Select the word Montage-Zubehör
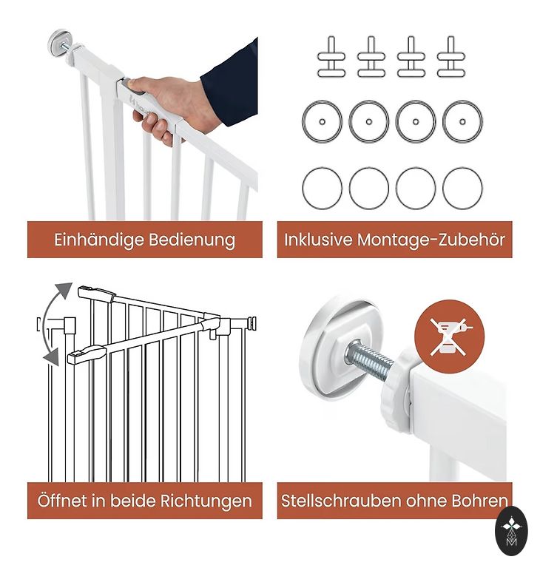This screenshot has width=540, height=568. point(431,240)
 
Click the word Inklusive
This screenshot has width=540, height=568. point(318,240)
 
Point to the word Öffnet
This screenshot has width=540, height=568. point(61,501)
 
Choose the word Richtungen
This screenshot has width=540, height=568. point(206,501)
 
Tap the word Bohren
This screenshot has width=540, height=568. point(479,501)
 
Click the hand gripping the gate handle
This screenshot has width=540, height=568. point(169,107)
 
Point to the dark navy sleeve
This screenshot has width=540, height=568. point(229,84)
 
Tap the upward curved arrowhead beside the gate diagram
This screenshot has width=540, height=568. point(64,291)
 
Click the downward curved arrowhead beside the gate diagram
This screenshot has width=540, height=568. point(51,357)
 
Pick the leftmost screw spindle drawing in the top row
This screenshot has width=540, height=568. point(331,56)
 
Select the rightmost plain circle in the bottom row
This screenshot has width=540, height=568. point(462,189)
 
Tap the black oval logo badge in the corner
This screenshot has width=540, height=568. point(511,531)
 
